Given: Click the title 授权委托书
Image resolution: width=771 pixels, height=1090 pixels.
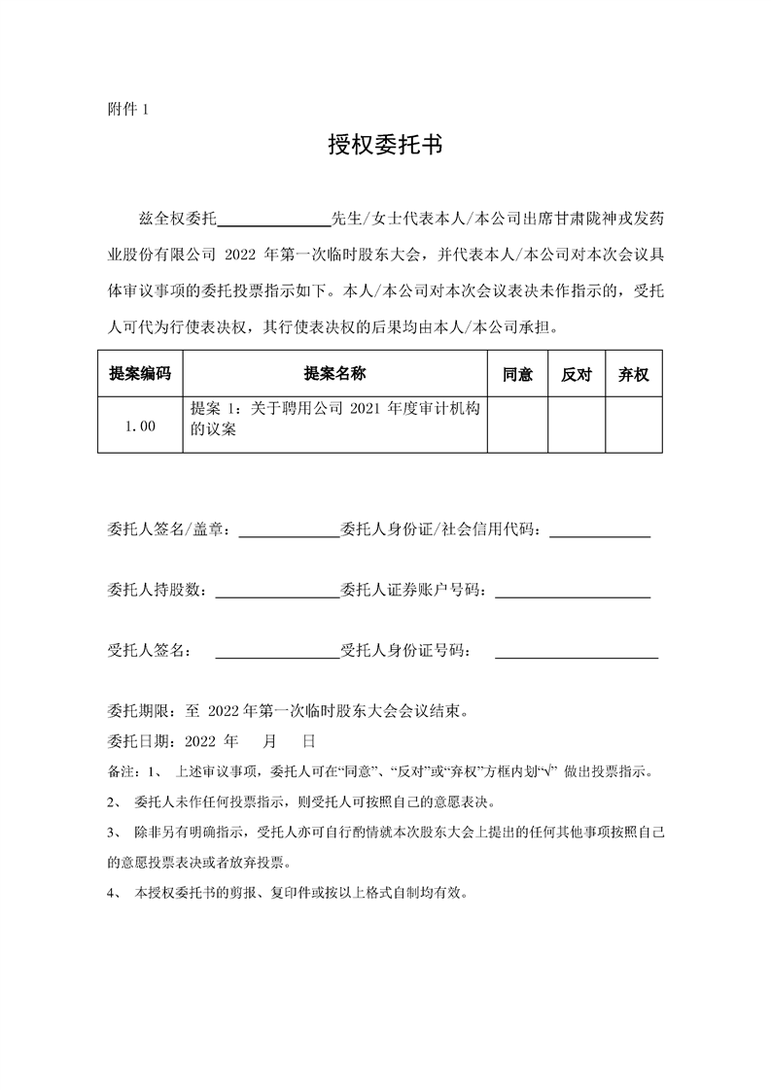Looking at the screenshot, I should pyautogui.click(x=385, y=146).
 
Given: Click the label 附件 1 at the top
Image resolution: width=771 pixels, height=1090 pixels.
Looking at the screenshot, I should pyautogui.click(x=127, y=109).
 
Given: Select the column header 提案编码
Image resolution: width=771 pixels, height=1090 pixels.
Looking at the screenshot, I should pyautogui.click(x=140, y=374).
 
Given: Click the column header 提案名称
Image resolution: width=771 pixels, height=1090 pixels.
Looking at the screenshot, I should pyautogui.click(x=334, y=374).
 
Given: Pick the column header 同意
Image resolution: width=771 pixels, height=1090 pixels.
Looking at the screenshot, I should pyautogui.click(x=517, y=374).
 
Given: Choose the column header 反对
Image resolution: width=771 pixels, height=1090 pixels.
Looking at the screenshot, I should pyautogui.click(x=577, y=374).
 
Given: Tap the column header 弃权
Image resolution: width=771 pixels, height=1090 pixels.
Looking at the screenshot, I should pyautogui.click(x=634, y=374).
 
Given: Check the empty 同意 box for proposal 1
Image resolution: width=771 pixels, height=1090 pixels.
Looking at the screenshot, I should pyautogui.click(x=517, y=425).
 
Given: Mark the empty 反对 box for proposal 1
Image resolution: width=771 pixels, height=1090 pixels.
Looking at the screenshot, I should pyautogui.click(x=577, y=425).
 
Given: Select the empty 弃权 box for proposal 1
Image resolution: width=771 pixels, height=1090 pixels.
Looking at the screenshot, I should pyautogui.click(x=634, y=425).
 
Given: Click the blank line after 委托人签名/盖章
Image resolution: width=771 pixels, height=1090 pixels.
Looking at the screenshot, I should pyautogui.click(x=288, y=531).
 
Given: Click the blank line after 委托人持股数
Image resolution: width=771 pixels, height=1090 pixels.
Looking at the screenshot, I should pyautogui.click(x=275, y=592).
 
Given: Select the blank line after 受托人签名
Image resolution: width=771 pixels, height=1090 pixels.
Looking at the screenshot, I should pyautogui.click(x=275, y=652).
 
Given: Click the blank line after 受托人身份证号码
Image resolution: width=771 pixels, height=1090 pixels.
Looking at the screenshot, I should pyautogui.click(x=577, y=652).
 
